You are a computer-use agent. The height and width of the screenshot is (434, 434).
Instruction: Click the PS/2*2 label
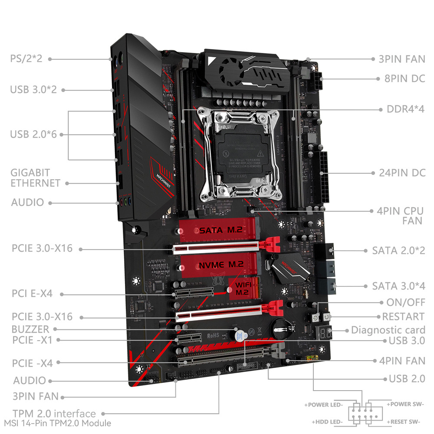click(x=26, y=58)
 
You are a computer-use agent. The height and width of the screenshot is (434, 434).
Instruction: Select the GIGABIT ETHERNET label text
click(x=36, y=178)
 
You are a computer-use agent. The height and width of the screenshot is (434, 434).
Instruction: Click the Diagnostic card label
click(x=388, y=330)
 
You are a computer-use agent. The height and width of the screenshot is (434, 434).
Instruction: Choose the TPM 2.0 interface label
click(x=54, y=413)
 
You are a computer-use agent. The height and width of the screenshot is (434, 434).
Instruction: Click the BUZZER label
click(x=30, y=329)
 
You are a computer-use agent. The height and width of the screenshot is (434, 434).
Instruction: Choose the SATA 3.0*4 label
click(x=398, y=286)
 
